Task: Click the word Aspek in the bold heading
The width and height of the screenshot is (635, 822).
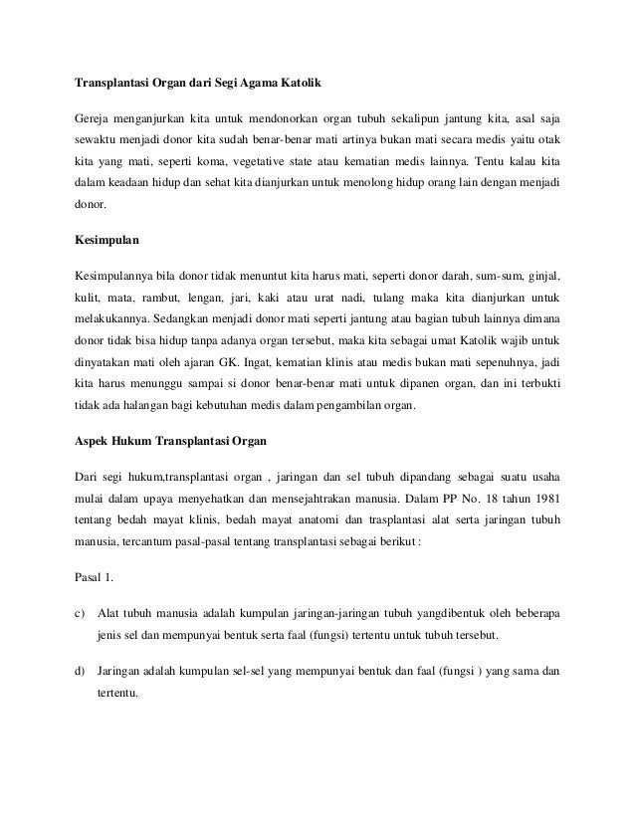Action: click(96, 437)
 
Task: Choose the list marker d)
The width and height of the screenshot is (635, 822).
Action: click(81, 669)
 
